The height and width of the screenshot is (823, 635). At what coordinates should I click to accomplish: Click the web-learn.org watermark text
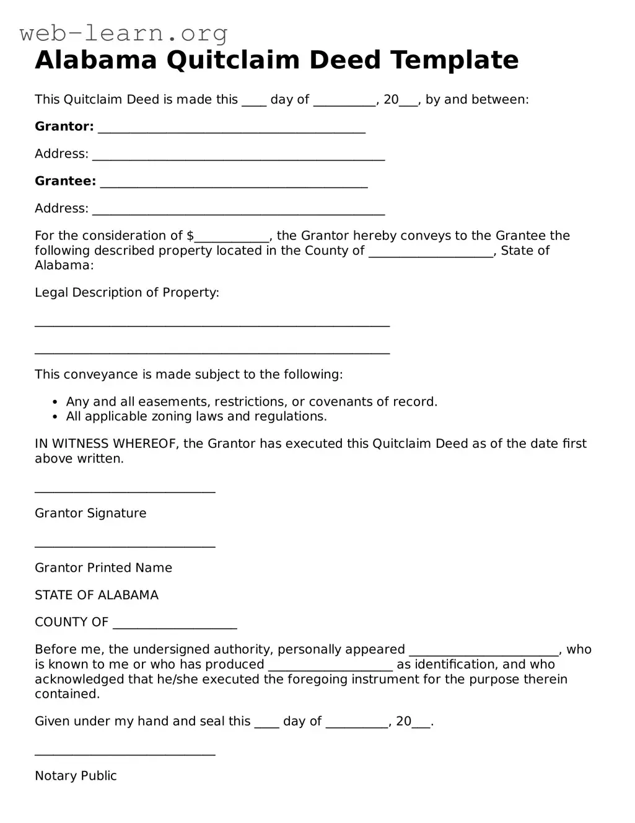(123, 32)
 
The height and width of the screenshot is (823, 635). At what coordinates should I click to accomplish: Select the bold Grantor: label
(64, 127)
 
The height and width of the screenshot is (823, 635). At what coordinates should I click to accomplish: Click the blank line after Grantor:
(232, 131)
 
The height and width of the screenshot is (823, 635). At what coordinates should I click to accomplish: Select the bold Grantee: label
(65, 181)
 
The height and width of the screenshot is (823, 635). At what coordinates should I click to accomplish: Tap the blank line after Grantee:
(234, 185)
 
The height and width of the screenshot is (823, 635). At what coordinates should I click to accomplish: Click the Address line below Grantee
(239, 213)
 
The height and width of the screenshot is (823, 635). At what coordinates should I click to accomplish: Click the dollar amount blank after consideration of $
(232, 239)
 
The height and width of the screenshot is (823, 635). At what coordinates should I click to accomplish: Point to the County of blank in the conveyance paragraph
(431, 254)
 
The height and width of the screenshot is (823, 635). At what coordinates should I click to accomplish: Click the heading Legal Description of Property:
(127, 293)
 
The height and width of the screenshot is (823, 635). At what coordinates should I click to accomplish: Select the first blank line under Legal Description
(212, 324)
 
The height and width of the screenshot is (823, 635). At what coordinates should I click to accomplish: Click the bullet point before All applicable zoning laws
(56, 417)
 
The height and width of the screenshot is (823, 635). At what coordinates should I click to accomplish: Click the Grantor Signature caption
(90, 514)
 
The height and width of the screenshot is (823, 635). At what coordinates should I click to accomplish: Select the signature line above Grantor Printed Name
(125, 546)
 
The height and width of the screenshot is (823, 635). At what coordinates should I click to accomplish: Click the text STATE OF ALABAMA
(97, 595)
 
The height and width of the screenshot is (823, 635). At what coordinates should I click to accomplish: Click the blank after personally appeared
(483, 653)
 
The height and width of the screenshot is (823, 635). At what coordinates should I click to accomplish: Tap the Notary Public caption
(76, 776)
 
